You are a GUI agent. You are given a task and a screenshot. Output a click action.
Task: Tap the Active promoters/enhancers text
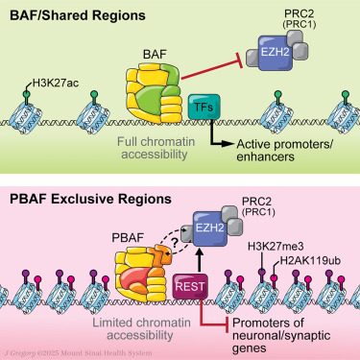click(288, 151)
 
